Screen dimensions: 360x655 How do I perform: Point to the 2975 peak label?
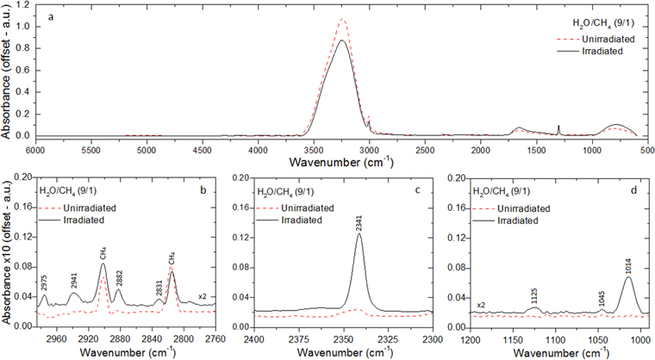[x=44, y=282]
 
